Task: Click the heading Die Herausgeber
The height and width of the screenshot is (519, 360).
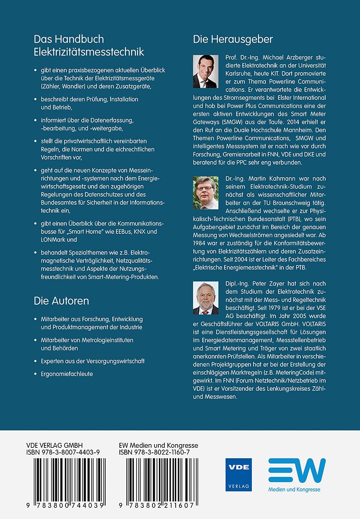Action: [x=233, y=40]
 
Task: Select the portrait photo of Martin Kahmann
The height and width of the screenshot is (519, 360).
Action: [x=206, y=193]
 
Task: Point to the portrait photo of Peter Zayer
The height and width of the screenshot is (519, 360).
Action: [x=206, y=298]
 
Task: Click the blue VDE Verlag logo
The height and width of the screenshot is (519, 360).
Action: [x=239, y=474]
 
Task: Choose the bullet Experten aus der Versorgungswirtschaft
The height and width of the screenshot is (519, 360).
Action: [x=92, y=361]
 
